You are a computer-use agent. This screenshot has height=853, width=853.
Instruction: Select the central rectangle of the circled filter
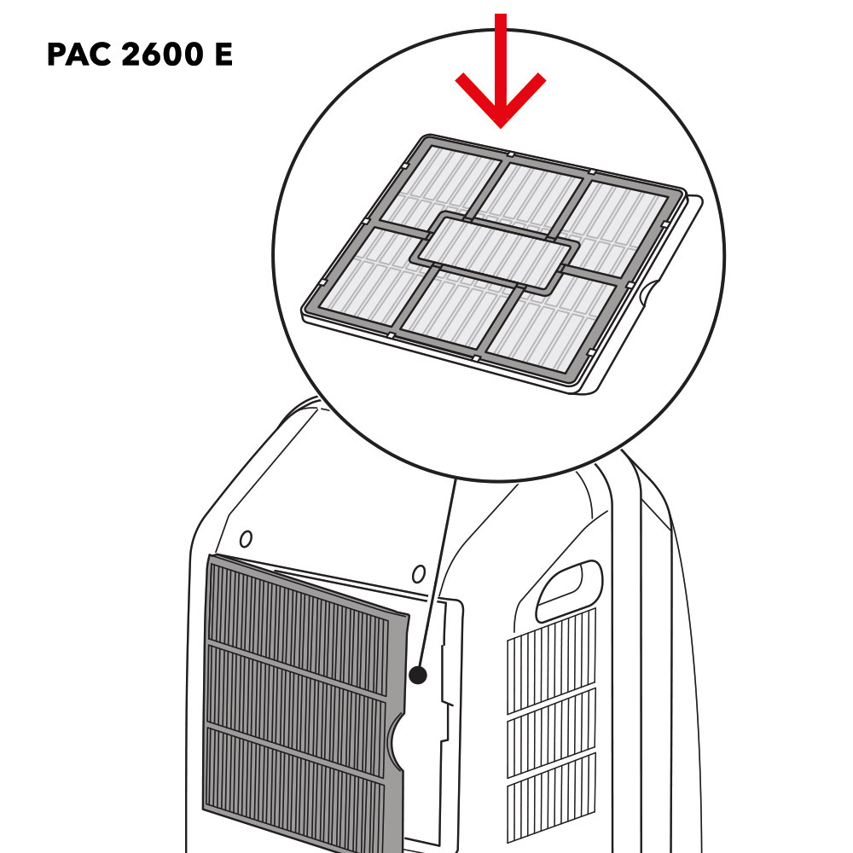pos(496,251)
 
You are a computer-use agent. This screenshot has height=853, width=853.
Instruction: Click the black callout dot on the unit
pos(417,675)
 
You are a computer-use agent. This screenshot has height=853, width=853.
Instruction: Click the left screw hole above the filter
pos(246,539)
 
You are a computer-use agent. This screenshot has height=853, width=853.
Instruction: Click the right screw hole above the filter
pos(418,572)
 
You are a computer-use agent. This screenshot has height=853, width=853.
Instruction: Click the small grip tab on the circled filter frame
pos(649,295)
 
